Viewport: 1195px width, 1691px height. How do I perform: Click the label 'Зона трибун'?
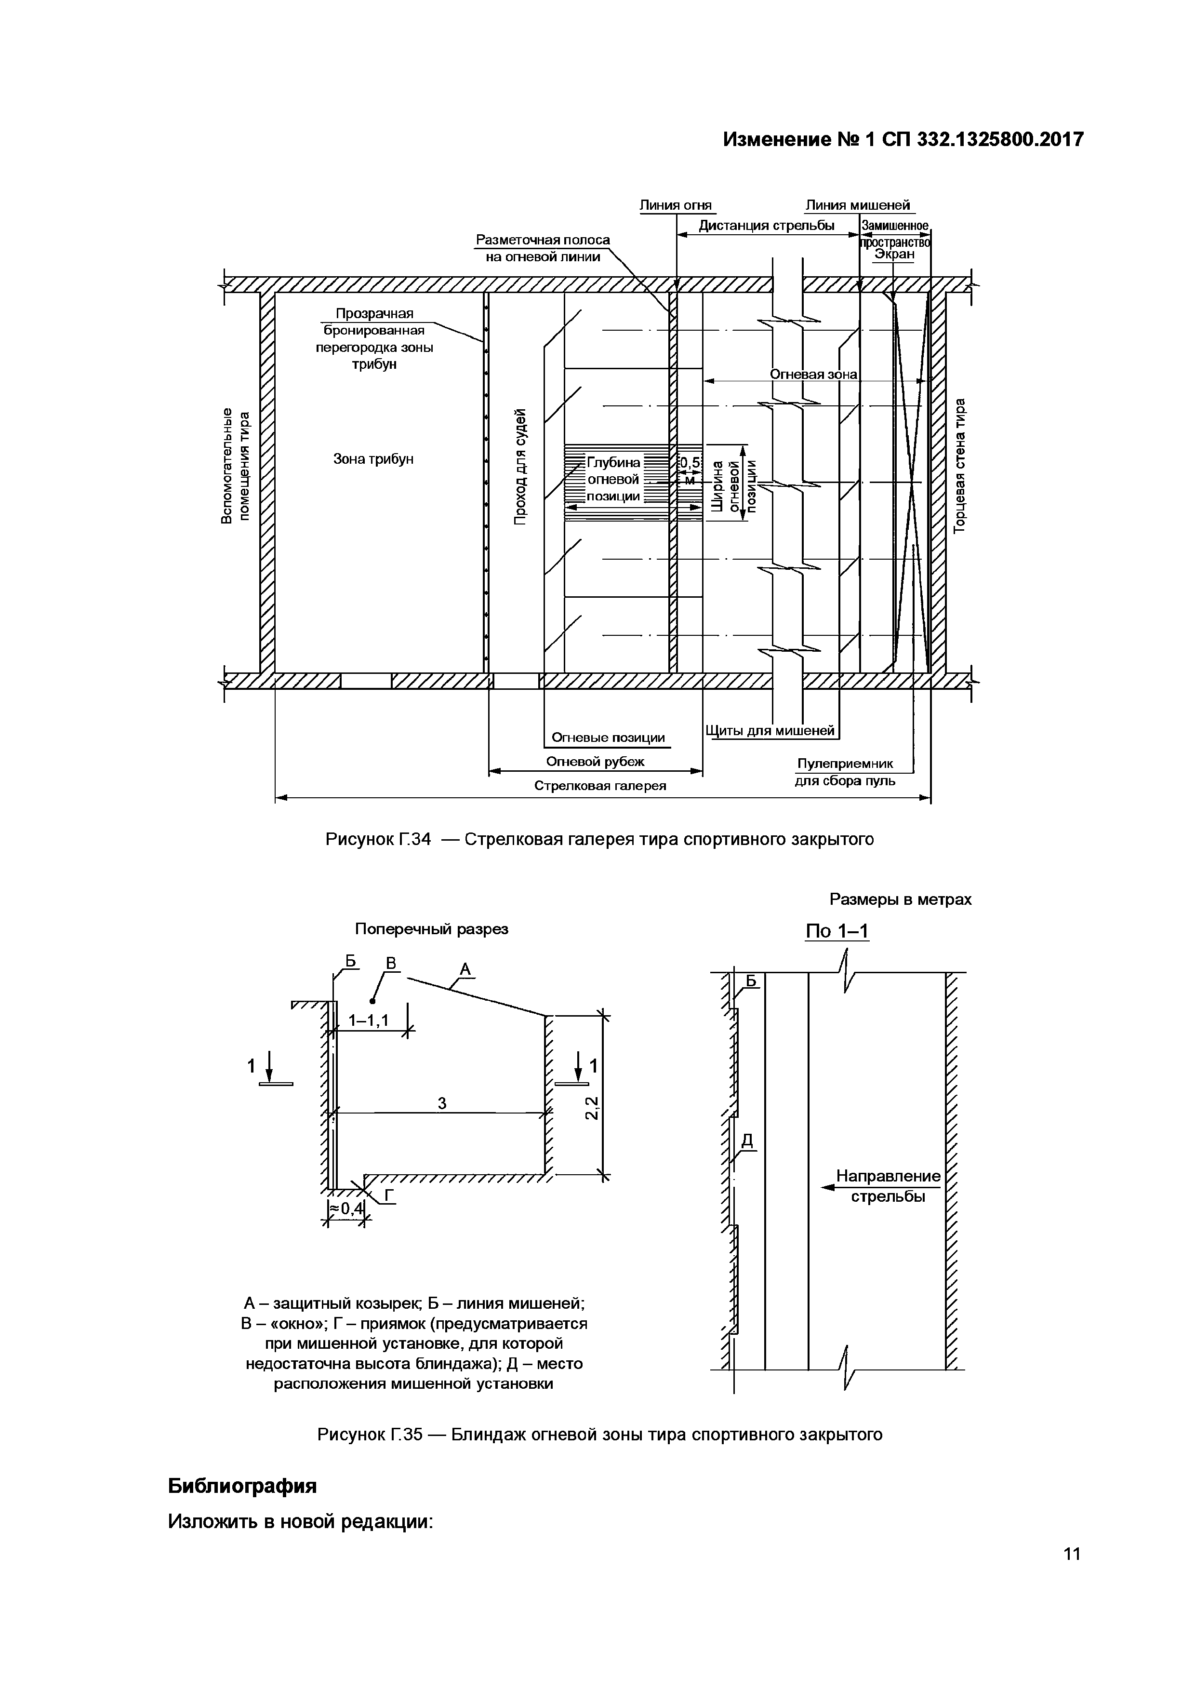click(374, 459)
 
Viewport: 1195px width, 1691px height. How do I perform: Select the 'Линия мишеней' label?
click(857, 205)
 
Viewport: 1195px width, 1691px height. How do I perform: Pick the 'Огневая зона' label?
click(813, 374)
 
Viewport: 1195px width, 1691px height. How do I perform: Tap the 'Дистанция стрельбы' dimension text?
click(767, 226)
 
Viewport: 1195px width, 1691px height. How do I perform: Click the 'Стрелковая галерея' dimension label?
click(600, 786)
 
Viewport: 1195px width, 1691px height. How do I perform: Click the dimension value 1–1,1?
click(368, 1020)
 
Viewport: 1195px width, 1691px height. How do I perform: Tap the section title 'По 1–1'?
click(837, 931)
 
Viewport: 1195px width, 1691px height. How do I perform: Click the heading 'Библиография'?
click(242, 1486)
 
